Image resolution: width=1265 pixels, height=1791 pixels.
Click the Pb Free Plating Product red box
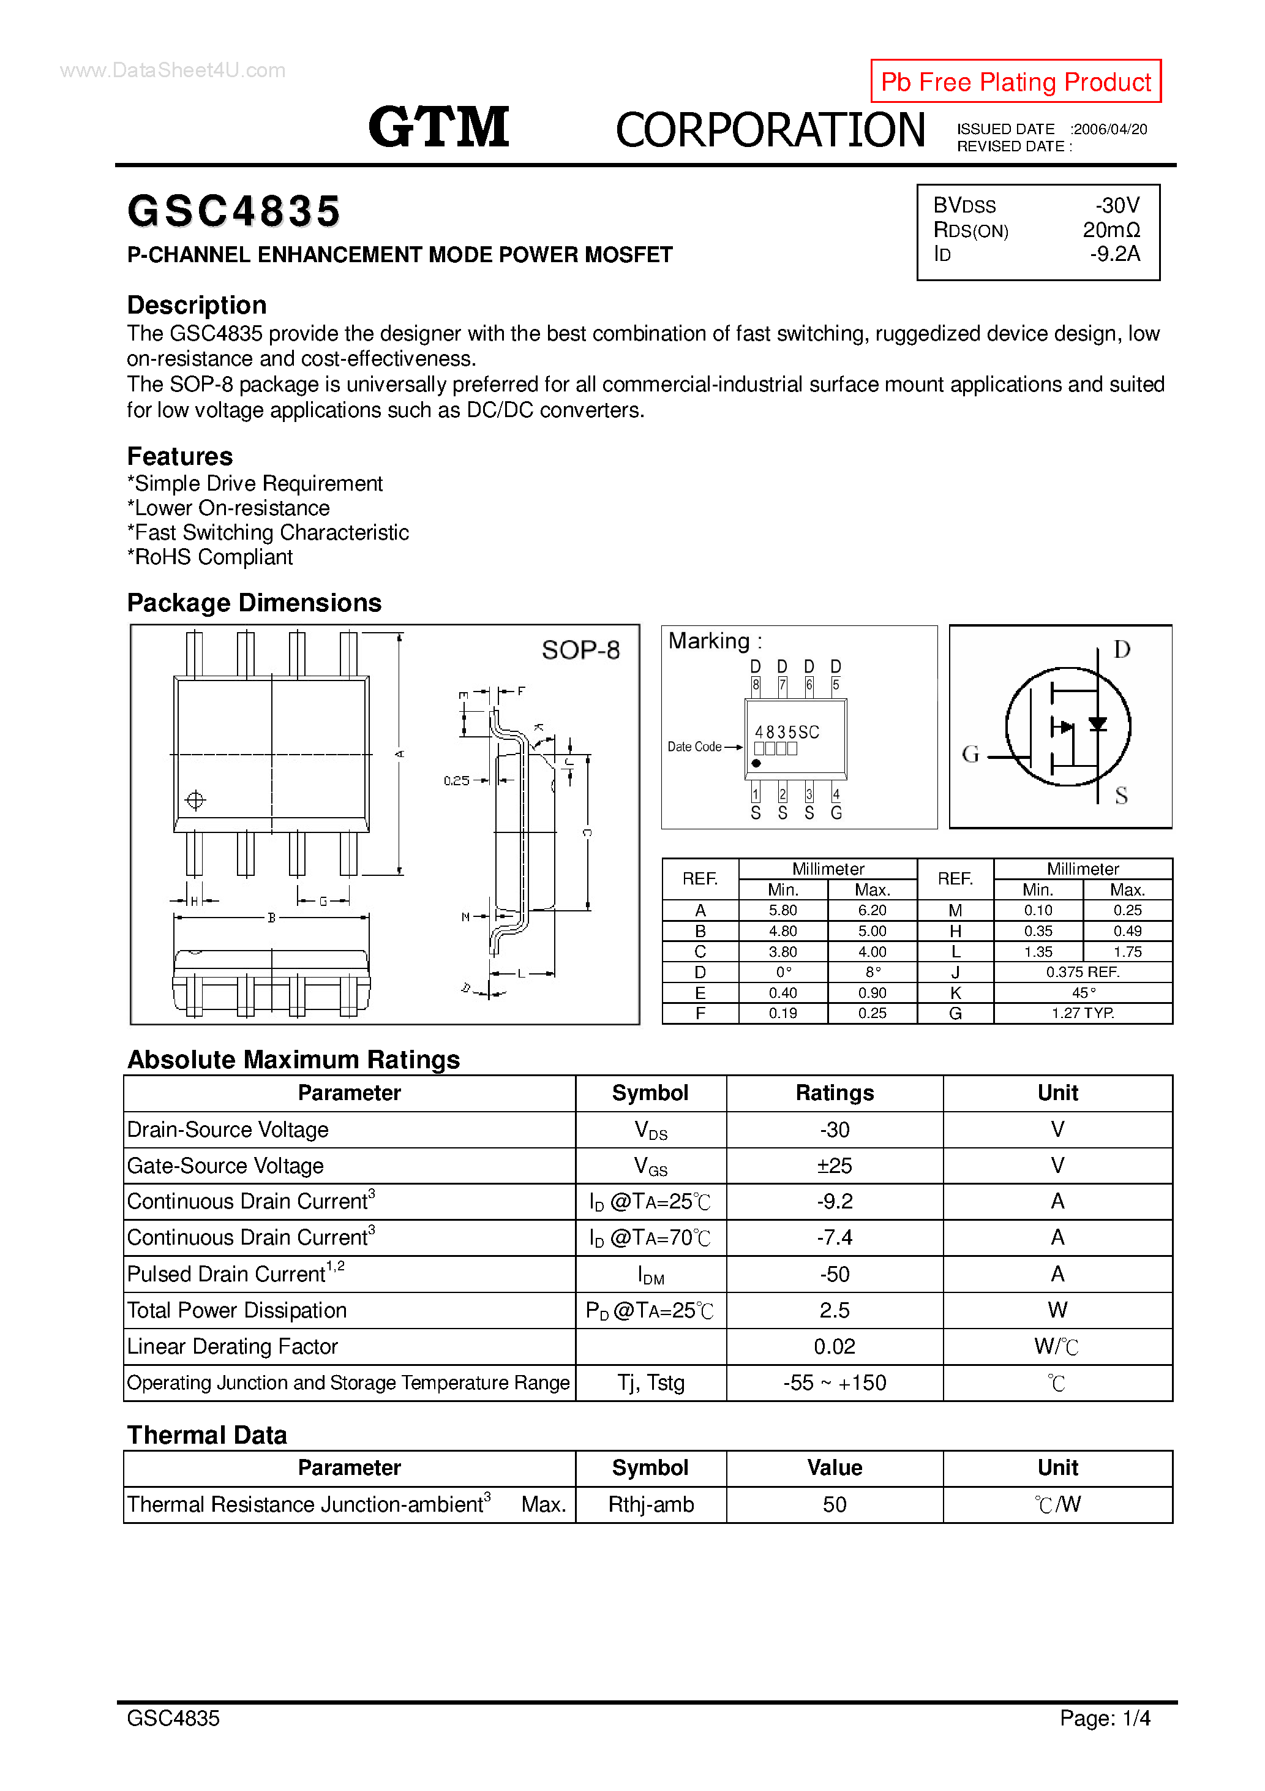1015,81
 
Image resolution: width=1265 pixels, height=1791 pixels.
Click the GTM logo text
438,127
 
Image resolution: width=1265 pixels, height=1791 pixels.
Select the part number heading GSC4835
234,211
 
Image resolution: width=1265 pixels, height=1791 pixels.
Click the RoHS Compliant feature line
210,557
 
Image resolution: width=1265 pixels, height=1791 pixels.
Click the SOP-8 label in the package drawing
580,650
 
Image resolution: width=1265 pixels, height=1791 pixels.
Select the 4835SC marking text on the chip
787,732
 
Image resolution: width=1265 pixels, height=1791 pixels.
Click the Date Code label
694,747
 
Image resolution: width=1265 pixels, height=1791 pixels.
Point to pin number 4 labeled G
836,795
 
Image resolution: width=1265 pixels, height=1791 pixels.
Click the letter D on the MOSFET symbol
1122,649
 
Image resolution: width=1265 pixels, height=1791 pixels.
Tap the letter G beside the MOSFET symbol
970,753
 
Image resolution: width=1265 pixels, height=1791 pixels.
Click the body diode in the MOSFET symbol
1097,725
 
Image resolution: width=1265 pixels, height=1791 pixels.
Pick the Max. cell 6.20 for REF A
872,910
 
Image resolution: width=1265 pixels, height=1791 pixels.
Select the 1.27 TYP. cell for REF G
1083,1013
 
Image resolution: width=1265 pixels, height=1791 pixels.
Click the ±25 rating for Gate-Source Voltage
835,1166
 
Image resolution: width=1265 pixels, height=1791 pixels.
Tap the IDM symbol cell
650,1274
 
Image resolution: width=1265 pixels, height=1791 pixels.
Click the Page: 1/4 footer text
1105,1719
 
